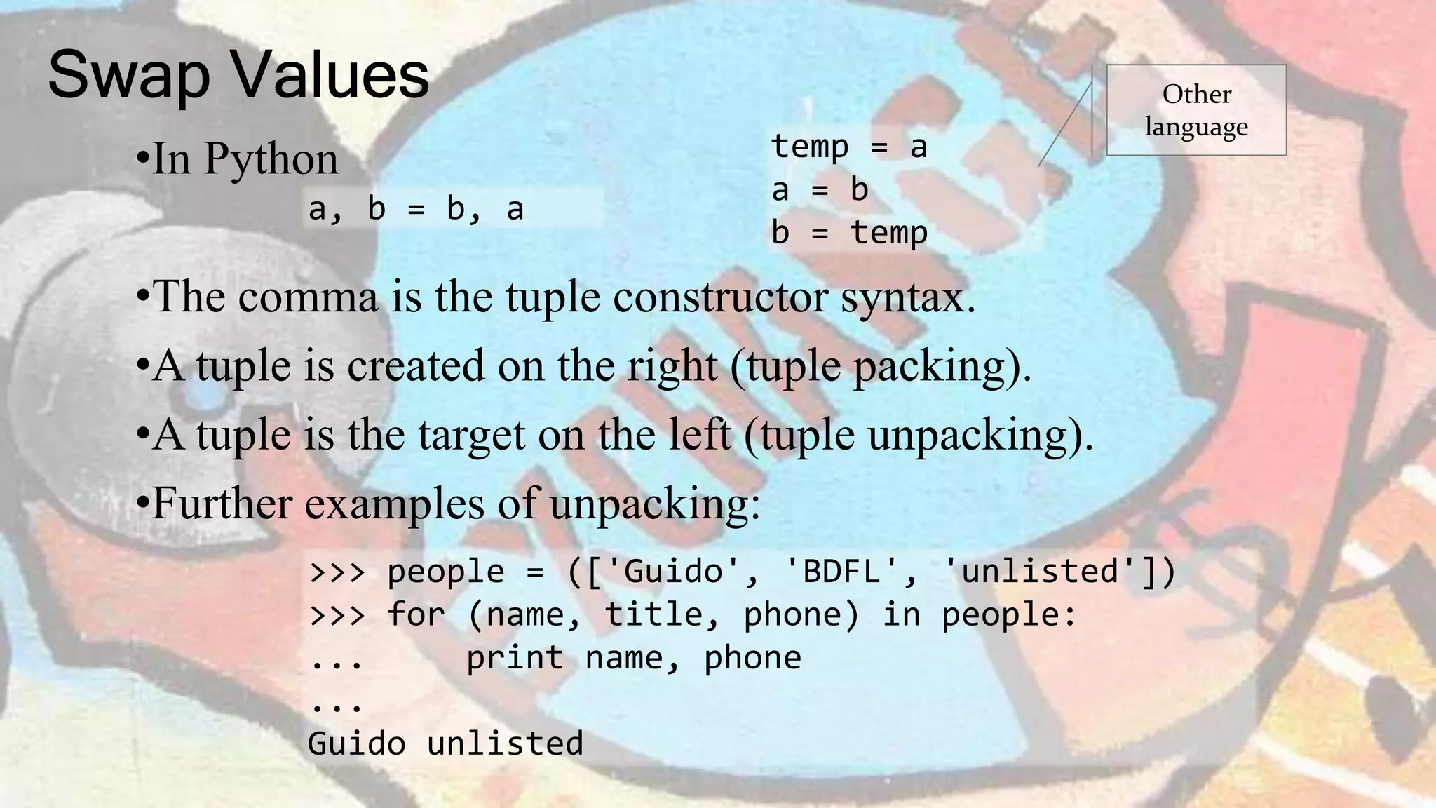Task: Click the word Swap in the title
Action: point(129,76)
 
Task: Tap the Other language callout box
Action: point(1196,110)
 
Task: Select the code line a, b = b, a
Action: point(416,208)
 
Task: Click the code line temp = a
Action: point(849,147)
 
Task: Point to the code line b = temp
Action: point(849,232)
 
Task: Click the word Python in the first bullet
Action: point(271,159)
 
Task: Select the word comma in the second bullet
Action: point(309,296)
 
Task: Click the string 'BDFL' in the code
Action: point(841,571)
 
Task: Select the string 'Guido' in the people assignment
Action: point(672,571)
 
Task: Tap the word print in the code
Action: point(515,658)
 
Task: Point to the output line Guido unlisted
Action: point(445,743)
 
